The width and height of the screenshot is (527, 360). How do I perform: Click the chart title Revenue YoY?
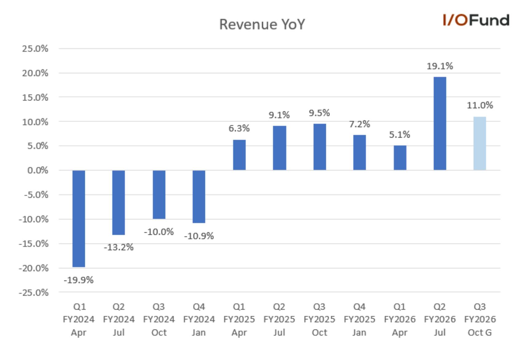point(262,24)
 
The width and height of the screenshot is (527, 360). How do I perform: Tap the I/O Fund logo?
point(476,20)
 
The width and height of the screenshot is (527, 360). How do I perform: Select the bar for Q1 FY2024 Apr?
point(79,218)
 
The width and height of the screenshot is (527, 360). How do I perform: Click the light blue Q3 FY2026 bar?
point(480,143)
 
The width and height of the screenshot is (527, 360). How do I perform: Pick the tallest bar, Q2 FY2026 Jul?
point(440,123)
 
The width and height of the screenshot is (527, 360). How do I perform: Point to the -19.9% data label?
point(79,280)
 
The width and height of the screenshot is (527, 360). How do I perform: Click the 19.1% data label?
point(440,66)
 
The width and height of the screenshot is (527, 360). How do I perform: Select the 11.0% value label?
point(480,105)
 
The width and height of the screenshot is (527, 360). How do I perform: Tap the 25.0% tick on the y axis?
point(35,49)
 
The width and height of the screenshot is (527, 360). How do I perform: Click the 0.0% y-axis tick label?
point(38,170)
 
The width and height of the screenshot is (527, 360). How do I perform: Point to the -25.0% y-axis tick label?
point(34,293)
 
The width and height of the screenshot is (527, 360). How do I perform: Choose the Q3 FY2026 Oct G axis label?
point(480,319)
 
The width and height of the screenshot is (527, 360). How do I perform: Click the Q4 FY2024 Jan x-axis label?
point(199,319)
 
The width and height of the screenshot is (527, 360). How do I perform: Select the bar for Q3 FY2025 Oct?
point(320,147)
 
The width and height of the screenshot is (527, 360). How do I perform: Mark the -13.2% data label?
point(119,247)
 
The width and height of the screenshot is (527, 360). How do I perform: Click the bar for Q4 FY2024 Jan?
point(199,197)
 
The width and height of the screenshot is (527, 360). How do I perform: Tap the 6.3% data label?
point(239,128)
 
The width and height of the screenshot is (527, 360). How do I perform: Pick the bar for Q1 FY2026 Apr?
point(400,158)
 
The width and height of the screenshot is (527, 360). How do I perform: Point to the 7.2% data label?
point(359,124)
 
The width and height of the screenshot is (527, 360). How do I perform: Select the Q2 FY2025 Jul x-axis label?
point(279,319)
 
